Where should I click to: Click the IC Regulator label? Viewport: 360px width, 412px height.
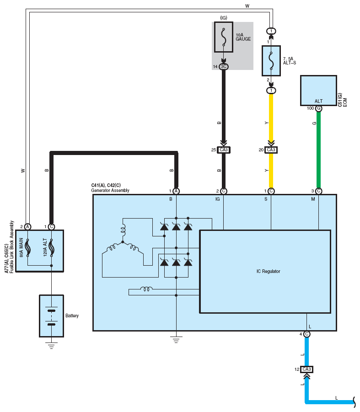coord(268,271)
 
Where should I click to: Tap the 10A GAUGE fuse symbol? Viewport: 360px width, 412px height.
coord(224,37)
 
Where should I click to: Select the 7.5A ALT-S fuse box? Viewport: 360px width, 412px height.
coord(271,61)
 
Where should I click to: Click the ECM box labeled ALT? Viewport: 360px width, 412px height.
coord(318,91)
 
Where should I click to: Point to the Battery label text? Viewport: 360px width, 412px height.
coord(72,316)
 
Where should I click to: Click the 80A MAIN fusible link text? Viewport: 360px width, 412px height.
coord(21,247)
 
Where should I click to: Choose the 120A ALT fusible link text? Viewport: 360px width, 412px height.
coord(45,247)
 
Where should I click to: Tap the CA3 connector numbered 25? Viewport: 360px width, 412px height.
coord(224,150)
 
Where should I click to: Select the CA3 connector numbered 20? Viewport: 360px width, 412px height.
coord(271,150)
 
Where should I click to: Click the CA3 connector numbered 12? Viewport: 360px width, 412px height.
coord(306,369)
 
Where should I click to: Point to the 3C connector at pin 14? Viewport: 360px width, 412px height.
coord(224,66)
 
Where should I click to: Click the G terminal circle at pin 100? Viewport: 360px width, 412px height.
coord(318,108)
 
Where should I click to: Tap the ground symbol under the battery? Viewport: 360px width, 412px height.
coord(52,346)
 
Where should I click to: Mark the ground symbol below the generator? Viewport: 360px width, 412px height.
coord(176,340)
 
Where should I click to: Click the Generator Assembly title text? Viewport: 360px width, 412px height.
coord(110,190)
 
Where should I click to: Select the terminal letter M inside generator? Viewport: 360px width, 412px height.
coord(313,199)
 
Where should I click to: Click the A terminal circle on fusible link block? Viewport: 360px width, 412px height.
coord(27,227)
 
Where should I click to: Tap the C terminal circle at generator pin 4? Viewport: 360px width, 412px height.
coord(306,334)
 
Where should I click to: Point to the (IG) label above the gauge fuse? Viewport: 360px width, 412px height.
coord(224,18)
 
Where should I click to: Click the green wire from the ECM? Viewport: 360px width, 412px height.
coord(318,150)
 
